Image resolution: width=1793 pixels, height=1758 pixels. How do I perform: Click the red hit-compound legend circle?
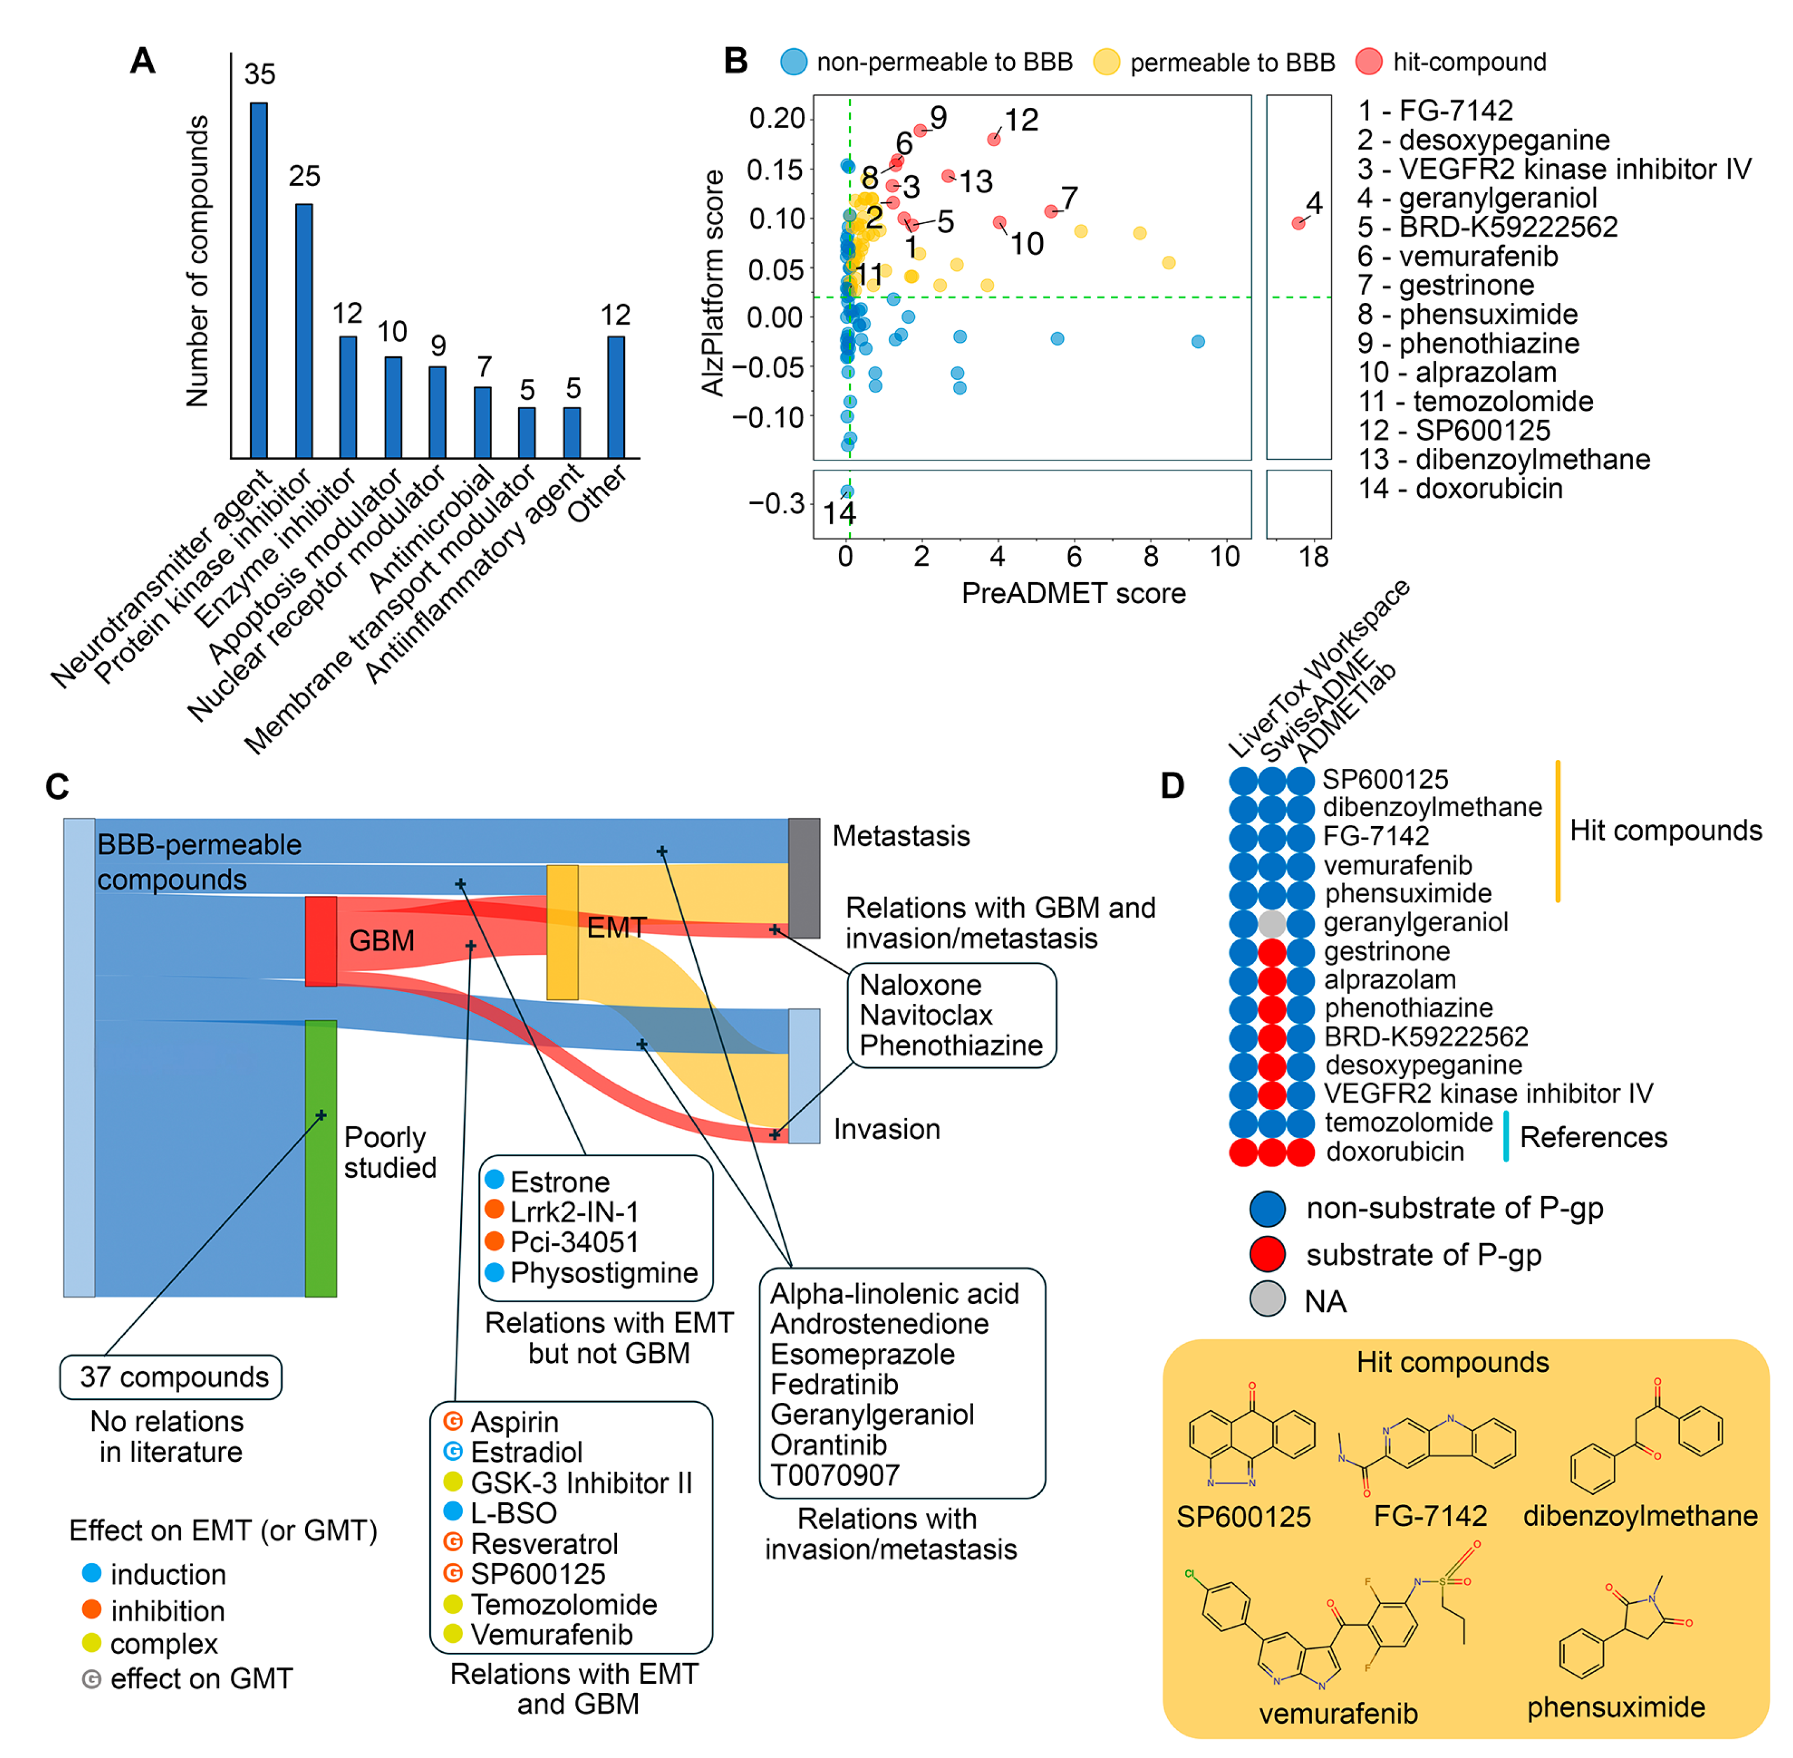pos(1368,62)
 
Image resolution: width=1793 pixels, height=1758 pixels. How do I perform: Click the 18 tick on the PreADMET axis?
pos(1313,557)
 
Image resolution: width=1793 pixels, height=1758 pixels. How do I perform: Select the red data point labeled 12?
pos(993,139)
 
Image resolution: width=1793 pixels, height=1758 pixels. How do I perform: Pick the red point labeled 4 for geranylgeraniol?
pos(1298,223)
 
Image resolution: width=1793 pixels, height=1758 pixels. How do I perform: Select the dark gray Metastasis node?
pos(804,877)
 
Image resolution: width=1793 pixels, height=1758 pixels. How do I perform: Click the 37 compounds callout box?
pos(171,1377)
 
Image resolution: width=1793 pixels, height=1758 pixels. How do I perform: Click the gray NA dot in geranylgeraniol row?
pos(1272,922)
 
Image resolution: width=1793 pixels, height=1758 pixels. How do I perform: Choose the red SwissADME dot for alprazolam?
pos(1272,980)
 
